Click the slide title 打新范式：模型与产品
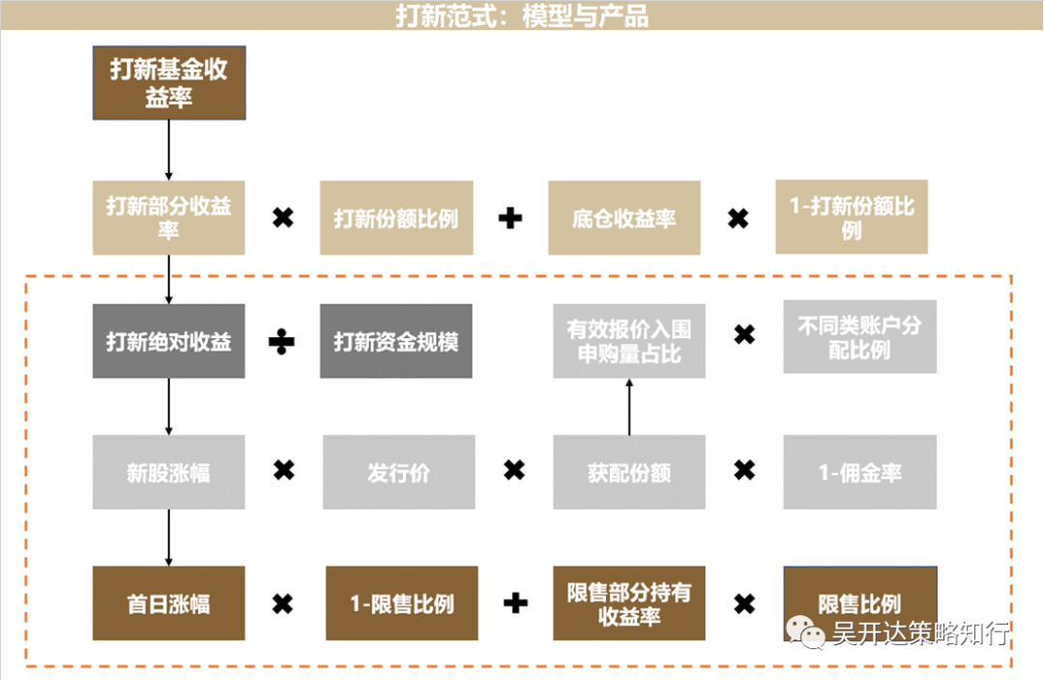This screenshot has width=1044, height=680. pyautogui.click(x=521, y=15)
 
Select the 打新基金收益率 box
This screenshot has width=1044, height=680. pyautogui.click(x=169, y=83)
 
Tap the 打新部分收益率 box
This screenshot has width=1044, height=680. pyautogui.click(x=169, y=217)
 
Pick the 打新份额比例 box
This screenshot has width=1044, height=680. pyautogui.click(x=396, y=217)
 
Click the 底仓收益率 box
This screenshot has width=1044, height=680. pyautogui.click(x=623, y=217)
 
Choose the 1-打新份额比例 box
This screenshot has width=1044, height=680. pyautogui.click(x=852, y=217)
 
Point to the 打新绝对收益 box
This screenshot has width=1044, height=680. pyautogui.click(x=169, y=341)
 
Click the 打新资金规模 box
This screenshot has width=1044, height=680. pyautogui.click(x=396, y=341)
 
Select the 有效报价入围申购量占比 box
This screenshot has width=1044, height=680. pyautogui.click(x=629, y=341)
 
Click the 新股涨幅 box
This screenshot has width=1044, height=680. pyautogui.click(x=169, y=472)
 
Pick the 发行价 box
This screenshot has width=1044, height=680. pyautogui.click(x=398, y=472)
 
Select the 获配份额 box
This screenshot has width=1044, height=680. pyautogui.click(x=629, y=472)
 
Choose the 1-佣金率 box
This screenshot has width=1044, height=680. pyautogui.click(x=859, y=472)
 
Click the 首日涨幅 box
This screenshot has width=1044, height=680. pyautogui.click(x=169, y=604)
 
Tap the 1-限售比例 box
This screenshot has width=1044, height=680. pyautogui.click(x=402, y=604)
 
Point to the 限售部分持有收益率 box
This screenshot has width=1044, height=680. pyautogui.click(x=629, y=604)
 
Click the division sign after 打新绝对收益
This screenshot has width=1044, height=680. pyautogui.click(x=282, y=342)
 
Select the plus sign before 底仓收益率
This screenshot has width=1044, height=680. pyautogui.click(x=510, y=218)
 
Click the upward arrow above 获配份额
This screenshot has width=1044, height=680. pyautogui.click(x=629, y=406)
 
